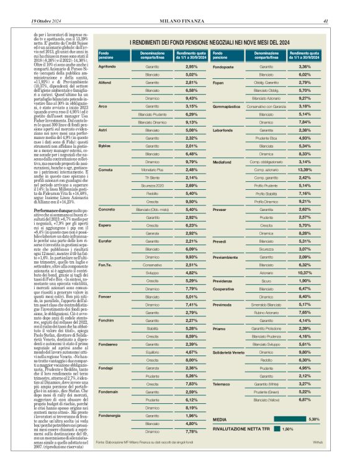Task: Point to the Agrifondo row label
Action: pyautogui.click(x=108, y=66)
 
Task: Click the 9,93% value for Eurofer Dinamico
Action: pyautogui.click(x=191, y=256)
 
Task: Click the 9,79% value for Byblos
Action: pyautogui.click(x=191, y=161)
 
